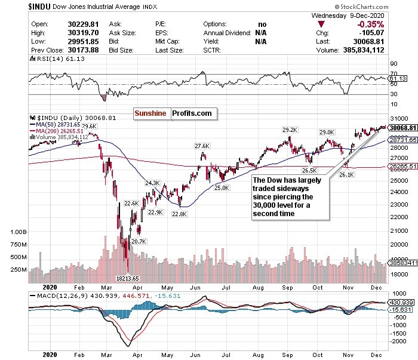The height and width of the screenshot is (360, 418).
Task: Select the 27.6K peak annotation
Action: [x=202, y=145]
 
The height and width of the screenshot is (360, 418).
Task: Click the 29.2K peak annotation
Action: [x=290, y=129]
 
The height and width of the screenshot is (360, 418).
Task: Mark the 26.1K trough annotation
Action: [x=348, y=174]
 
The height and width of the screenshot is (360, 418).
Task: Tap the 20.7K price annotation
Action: [x=139, y=241]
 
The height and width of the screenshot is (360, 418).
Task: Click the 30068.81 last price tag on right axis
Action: [x=402, y=127]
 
